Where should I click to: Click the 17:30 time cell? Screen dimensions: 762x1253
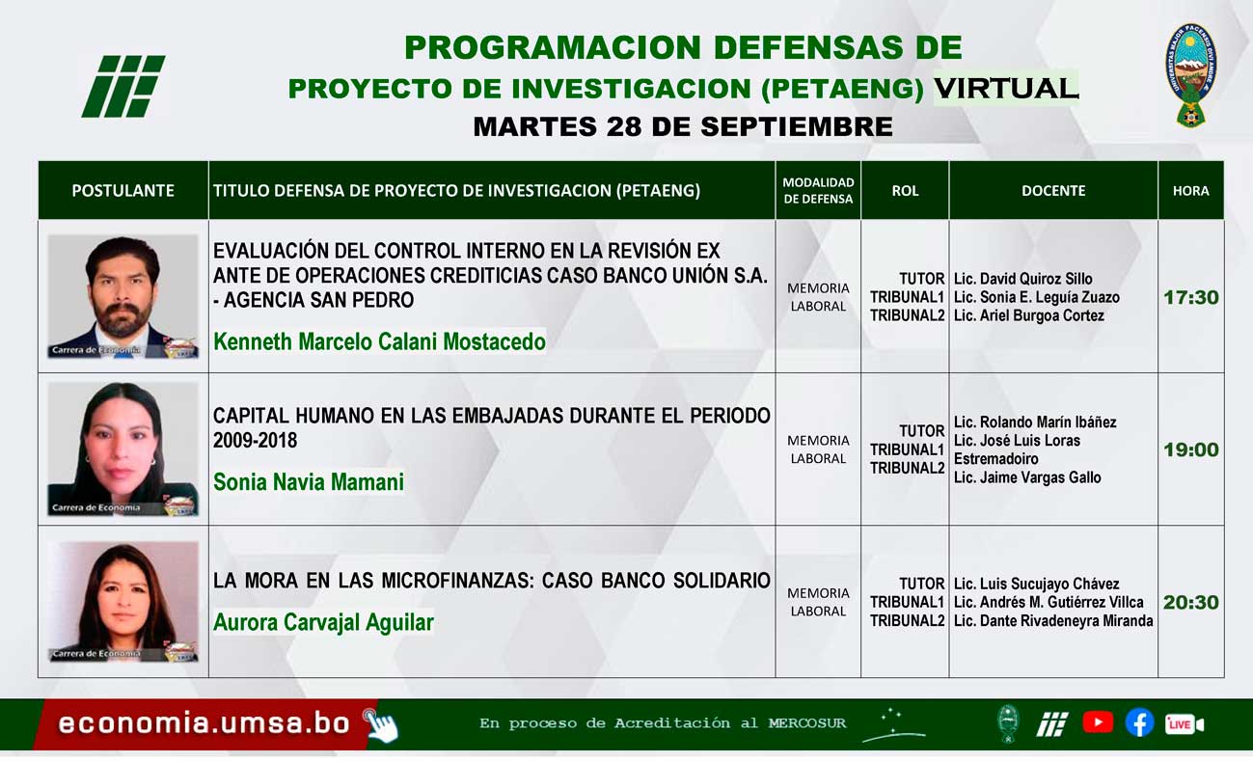pos(1190,297)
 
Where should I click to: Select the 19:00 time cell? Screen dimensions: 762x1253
pos(1190,449)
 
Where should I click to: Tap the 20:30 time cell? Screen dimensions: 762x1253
pos(1190,602)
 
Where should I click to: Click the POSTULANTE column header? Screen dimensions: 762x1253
pos(123,191)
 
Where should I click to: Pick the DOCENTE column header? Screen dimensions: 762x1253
pos(1053,191)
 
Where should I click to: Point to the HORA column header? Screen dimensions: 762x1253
pos(1190,191)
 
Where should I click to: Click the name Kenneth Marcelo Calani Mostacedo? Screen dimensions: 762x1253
pos(379,341)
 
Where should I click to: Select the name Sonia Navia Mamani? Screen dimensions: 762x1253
pos(309,481)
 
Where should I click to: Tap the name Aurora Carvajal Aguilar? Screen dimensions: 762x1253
pos(323,622)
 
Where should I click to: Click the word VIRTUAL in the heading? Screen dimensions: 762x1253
pos(1005,88)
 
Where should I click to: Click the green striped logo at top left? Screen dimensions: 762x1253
pos(123,86)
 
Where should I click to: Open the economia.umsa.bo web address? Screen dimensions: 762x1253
pos(204,723)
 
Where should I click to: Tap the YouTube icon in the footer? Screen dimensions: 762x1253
pos(1098,722)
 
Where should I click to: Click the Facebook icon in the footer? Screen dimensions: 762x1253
pos(1139,722)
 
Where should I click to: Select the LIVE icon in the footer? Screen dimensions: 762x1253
pos(1184,723)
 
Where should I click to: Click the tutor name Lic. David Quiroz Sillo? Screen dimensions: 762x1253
pos(1022,279)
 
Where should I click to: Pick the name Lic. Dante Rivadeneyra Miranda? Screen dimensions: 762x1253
pos(1053,621)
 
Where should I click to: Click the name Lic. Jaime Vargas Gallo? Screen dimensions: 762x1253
pos(1027,477)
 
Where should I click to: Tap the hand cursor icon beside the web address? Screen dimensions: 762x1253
pos(380,725)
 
